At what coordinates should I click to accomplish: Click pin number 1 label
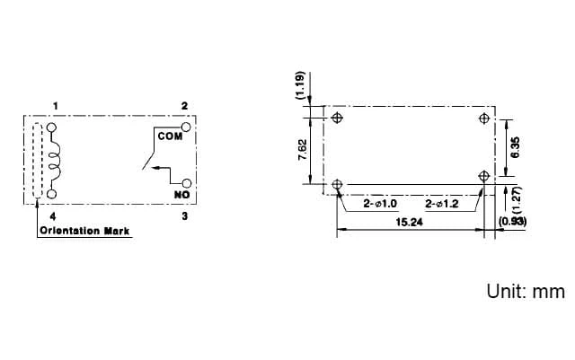[56, 106]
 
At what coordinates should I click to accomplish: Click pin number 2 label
[184, 106]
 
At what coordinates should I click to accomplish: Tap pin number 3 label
[185, 216]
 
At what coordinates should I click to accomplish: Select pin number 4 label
[53, 216]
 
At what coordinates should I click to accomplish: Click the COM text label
[170, 136]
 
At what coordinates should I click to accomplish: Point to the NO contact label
[181, 195]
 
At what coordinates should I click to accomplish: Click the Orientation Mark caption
[84, 231]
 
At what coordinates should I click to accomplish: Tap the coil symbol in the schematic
[56, 161]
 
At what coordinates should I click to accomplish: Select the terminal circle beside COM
[186, 127]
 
